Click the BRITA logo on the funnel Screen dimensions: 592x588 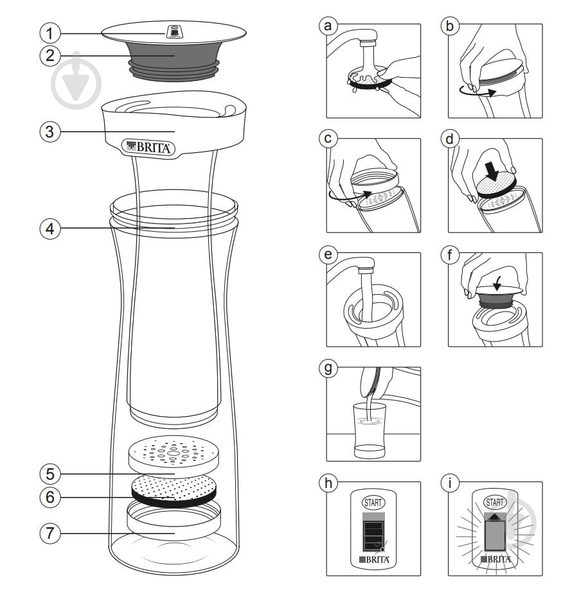[x=148, y=146]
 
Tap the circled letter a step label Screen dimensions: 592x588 [x=328, y=26]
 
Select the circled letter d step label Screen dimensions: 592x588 [x=450, y=139]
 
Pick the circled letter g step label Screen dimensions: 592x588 [x=328, y=369]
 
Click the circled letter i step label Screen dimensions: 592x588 [x=450, y=483]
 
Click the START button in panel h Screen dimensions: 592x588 [x=373, y=502]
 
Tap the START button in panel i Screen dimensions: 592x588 [x=495, y=501]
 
